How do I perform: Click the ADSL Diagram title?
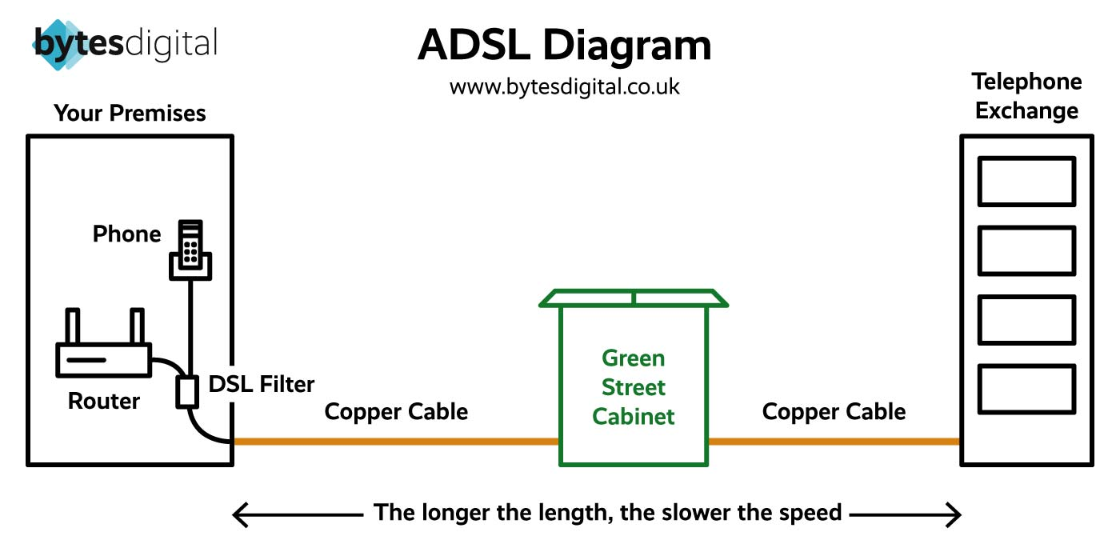564,46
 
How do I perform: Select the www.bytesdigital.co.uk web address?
564,86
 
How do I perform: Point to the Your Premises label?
130,114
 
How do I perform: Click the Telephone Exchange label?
1026,96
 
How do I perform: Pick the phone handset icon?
191,250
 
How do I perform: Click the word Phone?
126,234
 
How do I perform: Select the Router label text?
104,401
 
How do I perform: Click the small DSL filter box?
187,391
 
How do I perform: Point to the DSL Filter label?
262,385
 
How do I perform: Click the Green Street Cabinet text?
634,387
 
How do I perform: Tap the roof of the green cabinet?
634,298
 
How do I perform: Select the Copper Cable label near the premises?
396,412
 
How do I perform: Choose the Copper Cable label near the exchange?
834,412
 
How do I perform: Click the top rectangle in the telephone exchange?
1026,182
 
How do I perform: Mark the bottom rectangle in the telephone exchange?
1026,389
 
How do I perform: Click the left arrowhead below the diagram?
239,514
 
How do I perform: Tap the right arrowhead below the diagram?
953,514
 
